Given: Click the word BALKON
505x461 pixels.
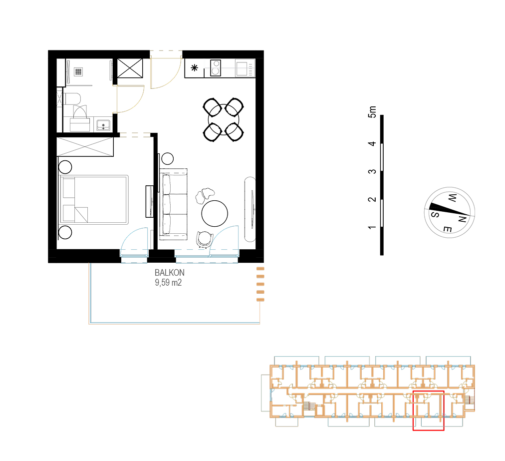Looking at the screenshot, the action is coord(169,273).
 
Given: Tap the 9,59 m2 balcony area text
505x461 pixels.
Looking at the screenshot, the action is coord(168,283).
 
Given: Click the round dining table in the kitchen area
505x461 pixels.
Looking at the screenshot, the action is coord(224,120).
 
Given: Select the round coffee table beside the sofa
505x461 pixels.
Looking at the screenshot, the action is coord(215,213).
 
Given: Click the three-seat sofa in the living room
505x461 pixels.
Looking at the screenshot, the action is coord(174,204).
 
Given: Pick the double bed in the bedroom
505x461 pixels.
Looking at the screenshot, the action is coord(94,200).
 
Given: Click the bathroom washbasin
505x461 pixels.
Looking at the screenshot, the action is coord(103,125).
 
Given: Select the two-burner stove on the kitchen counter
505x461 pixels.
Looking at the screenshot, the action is coord(216,68).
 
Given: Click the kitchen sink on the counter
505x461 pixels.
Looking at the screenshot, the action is coord(242,68).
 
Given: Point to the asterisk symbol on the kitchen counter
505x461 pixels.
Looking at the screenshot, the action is coord(195,68).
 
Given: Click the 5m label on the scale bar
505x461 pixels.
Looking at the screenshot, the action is coord(372,112).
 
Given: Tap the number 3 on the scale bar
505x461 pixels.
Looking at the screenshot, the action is coord(372,171).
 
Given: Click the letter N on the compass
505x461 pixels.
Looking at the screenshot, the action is coord(462,219).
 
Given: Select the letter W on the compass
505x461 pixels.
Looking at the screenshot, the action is coord(452,198).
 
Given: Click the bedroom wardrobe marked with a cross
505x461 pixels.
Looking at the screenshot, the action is coord(85,147).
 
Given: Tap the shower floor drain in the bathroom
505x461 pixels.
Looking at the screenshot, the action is coord(78,71).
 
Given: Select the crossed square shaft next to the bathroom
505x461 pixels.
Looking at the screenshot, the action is coord(130,68).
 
